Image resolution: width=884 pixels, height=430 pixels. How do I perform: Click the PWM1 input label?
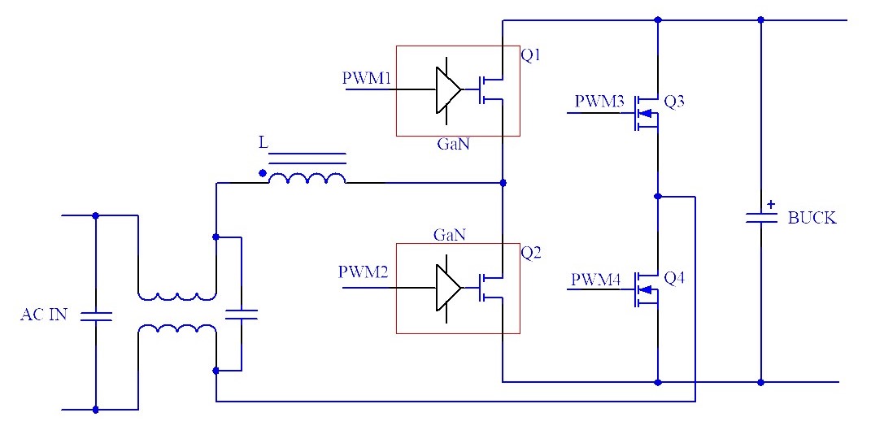367,79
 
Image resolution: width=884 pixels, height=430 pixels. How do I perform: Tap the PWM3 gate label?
599,102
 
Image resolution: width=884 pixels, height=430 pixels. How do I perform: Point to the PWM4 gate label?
596,280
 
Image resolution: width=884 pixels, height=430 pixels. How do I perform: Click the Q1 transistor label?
531,56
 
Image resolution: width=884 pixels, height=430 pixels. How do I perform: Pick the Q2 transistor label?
531,252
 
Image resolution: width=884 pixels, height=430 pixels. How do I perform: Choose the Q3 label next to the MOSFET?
674,102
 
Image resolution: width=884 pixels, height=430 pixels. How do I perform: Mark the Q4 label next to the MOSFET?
674,278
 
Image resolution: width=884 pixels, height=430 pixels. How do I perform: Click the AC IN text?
44,315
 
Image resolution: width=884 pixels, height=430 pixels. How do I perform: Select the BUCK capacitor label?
812,218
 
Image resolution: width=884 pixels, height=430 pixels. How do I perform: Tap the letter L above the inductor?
263,143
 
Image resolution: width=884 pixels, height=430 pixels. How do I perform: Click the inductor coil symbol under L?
307,178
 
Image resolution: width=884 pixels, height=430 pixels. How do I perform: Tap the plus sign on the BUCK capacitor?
771,206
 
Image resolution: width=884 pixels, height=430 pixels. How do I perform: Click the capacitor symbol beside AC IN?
96,316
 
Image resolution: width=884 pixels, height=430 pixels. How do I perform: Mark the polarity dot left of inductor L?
262,172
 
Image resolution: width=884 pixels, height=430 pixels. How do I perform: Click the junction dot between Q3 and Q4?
657,196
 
